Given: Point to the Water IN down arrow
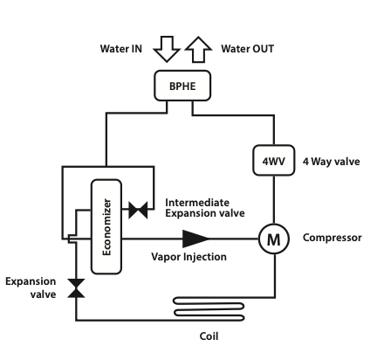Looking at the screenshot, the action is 167,49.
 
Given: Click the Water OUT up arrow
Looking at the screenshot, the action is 198,50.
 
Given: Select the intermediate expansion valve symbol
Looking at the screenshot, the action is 138,210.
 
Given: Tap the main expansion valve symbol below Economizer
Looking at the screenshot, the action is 76,288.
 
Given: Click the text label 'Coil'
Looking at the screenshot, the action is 209,336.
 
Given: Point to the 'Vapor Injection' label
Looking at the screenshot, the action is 189,257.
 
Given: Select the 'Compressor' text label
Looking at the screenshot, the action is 333,238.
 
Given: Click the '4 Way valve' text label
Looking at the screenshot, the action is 332,162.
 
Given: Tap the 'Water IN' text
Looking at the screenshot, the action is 121,49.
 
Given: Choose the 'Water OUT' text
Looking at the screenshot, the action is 247,49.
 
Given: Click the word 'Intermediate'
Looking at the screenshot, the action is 197,203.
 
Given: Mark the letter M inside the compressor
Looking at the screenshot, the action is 274,239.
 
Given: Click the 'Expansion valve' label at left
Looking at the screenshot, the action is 31,287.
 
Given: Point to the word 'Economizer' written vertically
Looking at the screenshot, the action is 106,227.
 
